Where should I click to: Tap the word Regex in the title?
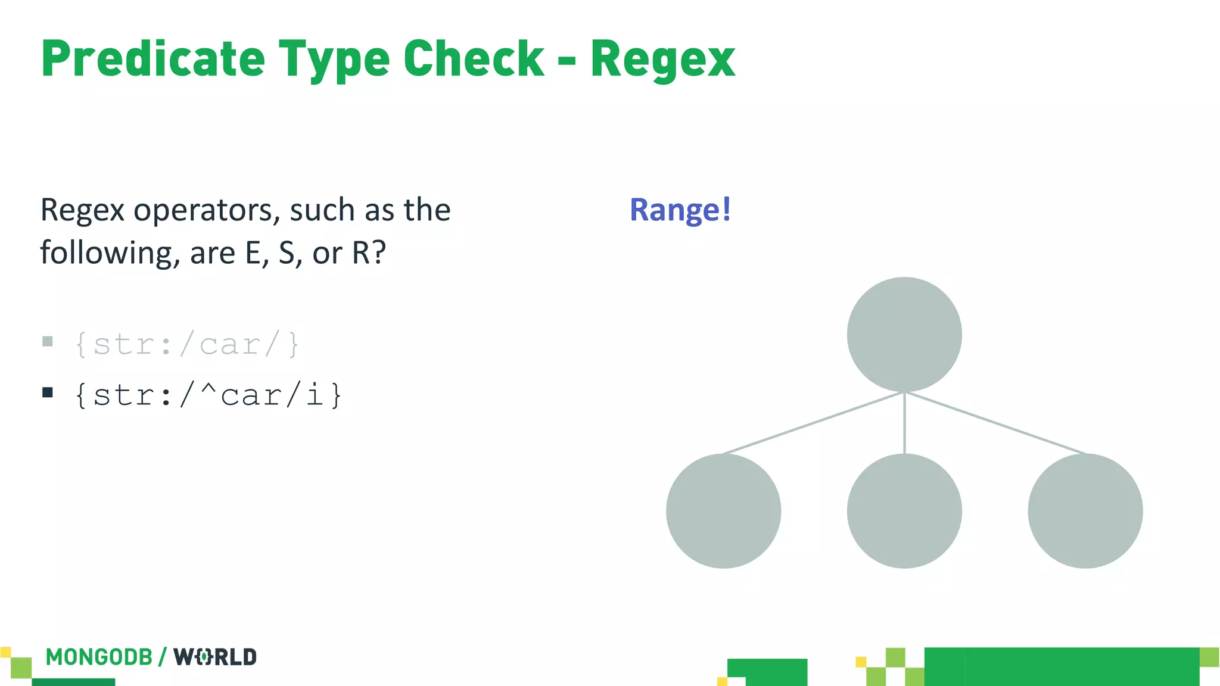(662, 60)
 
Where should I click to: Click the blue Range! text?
(680, 210)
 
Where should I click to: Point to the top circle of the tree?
(904, 334)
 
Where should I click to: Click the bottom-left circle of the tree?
(723, 511)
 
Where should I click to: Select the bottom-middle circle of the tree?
(904, 511)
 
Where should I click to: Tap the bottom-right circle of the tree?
(1085, 511)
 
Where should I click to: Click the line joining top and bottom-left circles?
(814, 423)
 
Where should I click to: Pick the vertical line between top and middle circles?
(904, 423)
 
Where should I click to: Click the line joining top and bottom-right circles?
(995, 423)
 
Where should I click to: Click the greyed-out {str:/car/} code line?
(186, 344)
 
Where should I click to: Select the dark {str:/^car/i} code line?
(208, 395)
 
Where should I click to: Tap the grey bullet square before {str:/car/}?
(48, 341)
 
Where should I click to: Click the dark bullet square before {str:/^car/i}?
(48, 392)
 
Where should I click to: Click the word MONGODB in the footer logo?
(99, 657)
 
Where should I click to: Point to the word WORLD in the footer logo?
(214, 657)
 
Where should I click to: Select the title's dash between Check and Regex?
(567, 60)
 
